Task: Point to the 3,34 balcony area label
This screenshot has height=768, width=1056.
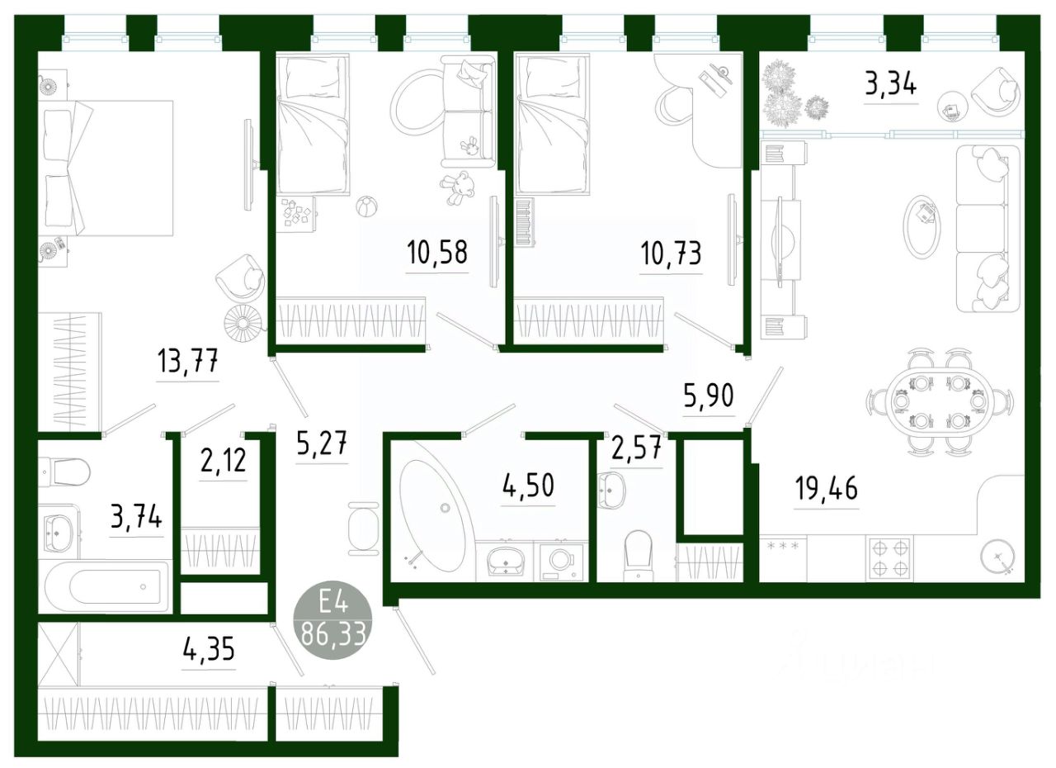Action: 890,84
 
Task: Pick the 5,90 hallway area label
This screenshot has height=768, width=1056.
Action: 709,397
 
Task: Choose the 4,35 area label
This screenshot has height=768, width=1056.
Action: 208,649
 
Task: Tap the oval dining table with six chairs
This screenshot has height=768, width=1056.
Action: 938,402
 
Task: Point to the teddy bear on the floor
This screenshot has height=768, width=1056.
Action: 456,187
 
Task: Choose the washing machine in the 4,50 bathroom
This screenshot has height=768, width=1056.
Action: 561,560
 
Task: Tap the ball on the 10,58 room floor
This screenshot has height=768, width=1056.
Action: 364,205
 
